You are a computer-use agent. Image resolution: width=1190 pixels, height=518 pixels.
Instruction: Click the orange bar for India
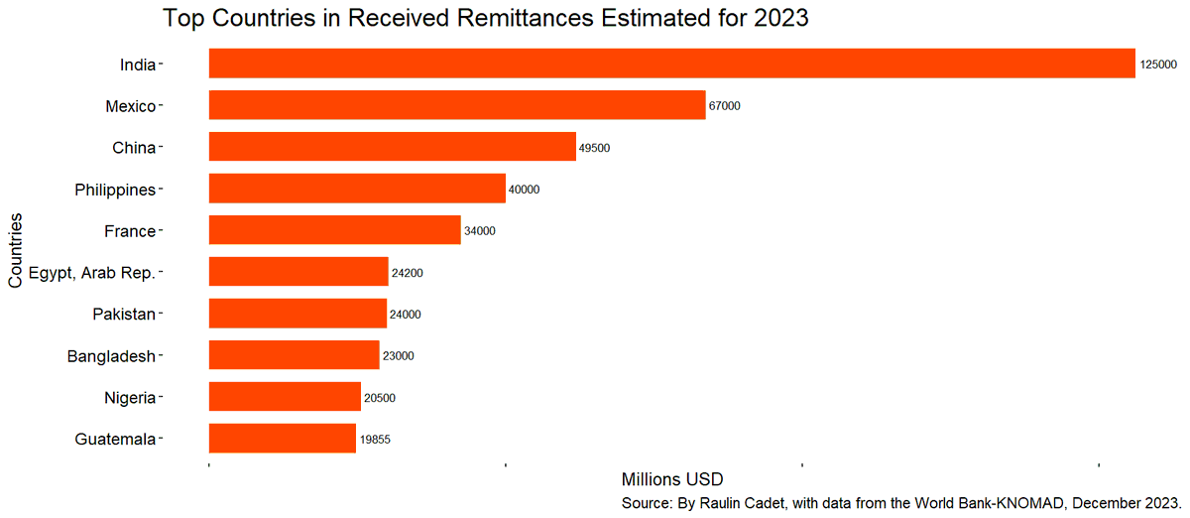(671, 64)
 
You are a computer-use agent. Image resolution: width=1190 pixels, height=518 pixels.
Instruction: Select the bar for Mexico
(457, 105)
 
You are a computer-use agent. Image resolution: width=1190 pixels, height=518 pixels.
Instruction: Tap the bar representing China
(392, 147)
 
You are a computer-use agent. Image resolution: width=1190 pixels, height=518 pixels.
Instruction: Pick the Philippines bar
(357, 189)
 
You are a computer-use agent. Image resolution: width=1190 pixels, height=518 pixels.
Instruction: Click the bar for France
(335, 230)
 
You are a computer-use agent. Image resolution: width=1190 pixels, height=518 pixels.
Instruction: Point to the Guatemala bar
(283, 439)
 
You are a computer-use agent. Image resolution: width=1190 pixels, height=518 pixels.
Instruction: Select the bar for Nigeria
(285, 397)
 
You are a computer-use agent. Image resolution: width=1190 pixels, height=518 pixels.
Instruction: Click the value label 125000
(1158, 65)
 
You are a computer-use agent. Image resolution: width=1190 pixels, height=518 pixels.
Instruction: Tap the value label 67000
(725, 106)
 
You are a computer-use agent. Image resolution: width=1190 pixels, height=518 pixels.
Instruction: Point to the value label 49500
(594, 148)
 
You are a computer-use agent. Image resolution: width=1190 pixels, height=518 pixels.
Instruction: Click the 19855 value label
(376, 440)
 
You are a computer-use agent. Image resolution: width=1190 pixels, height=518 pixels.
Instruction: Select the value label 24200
(407, 273)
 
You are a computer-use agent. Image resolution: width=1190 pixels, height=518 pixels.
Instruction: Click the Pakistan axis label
(124, 315)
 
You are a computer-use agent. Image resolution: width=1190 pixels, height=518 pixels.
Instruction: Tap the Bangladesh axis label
(111, 356)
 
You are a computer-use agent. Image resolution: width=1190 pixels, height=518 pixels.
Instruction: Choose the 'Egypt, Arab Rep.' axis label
(92, 273)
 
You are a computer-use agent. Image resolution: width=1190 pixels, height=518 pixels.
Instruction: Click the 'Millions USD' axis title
(671, 480)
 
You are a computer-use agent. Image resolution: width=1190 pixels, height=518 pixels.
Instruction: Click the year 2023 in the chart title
(780, 18)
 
